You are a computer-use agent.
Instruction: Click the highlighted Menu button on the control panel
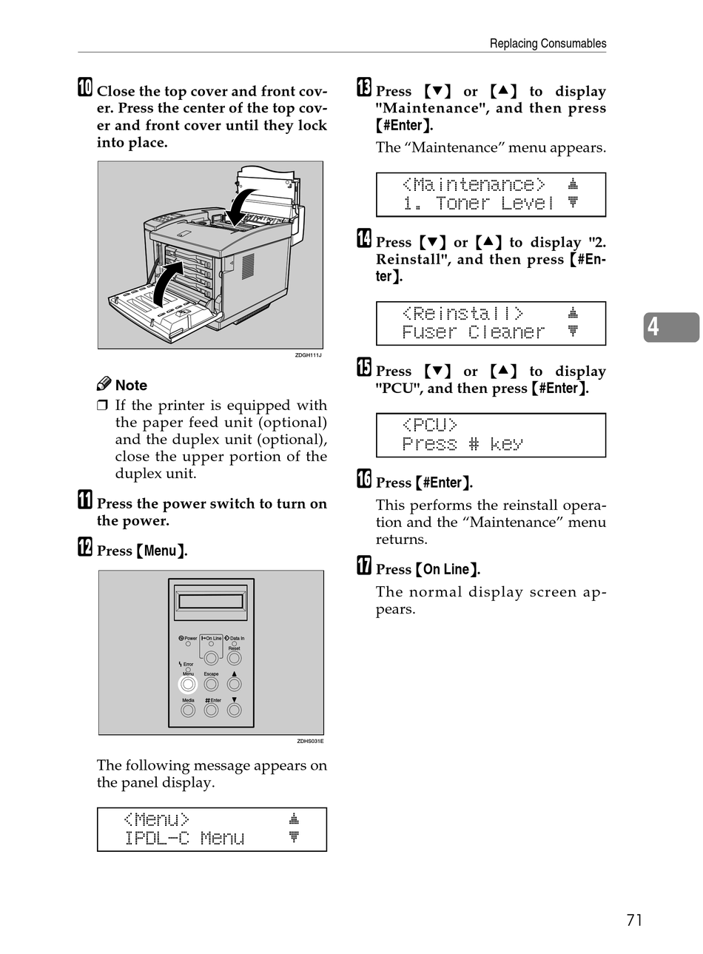click(x=188, y=685)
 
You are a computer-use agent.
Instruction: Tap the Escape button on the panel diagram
click(x=211, y=685)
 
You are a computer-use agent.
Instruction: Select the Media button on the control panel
click(x=188, y=711)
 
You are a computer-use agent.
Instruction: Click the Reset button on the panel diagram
click(x=234, y=658)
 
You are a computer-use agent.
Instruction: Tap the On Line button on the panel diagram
click(x=211, y=658)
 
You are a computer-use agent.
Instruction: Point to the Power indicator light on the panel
click(x=188, y=644)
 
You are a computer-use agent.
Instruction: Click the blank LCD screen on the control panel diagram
click(x=211, y=602)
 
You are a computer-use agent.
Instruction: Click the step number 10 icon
click(x=85, y=88)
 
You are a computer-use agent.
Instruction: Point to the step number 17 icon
click(x=364, y=567)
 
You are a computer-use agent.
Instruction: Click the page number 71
click(x=634, y=920)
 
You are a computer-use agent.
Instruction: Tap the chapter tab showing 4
click(x=670, y=327)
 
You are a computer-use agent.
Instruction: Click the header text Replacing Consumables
click(x=548, y=44)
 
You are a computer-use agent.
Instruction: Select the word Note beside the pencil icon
click(x=131, y=386)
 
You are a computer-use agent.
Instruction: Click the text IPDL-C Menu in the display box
click(x=185, y=839)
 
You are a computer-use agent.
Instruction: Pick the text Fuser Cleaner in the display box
click(x=474, y=332)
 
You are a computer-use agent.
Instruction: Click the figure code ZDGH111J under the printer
click(x=308, y=356)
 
